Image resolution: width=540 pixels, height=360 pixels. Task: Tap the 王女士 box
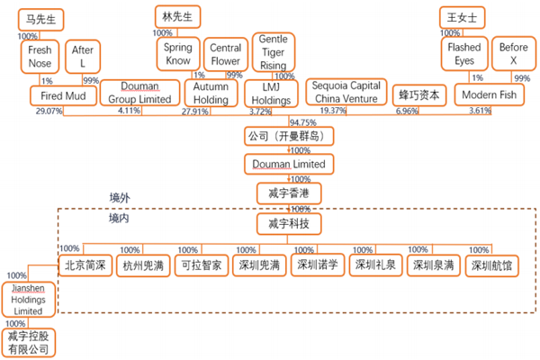click(x=462, y=17)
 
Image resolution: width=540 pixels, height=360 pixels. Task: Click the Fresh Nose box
click(x=40, y=57)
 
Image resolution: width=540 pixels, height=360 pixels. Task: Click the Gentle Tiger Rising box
click(x=273, y=53)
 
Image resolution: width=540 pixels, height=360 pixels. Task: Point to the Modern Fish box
click(x=489, y=94)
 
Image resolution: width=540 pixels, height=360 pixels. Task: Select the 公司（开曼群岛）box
click(x=283, y=137)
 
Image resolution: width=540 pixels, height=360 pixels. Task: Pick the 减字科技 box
click(x=289, y=222)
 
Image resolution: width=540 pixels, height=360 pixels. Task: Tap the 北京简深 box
click(x=85, y=265)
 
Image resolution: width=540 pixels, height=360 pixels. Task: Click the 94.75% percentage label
click(x=303, y=121)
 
